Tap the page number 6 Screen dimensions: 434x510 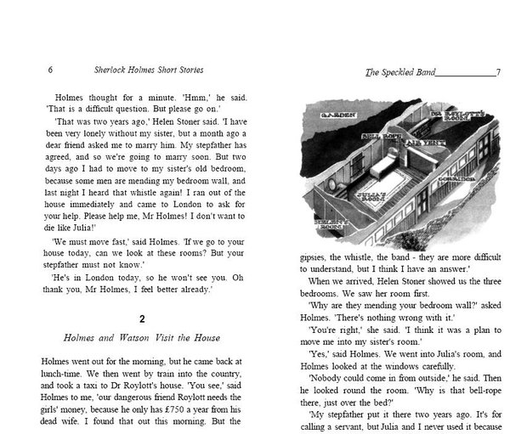point(52,70)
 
